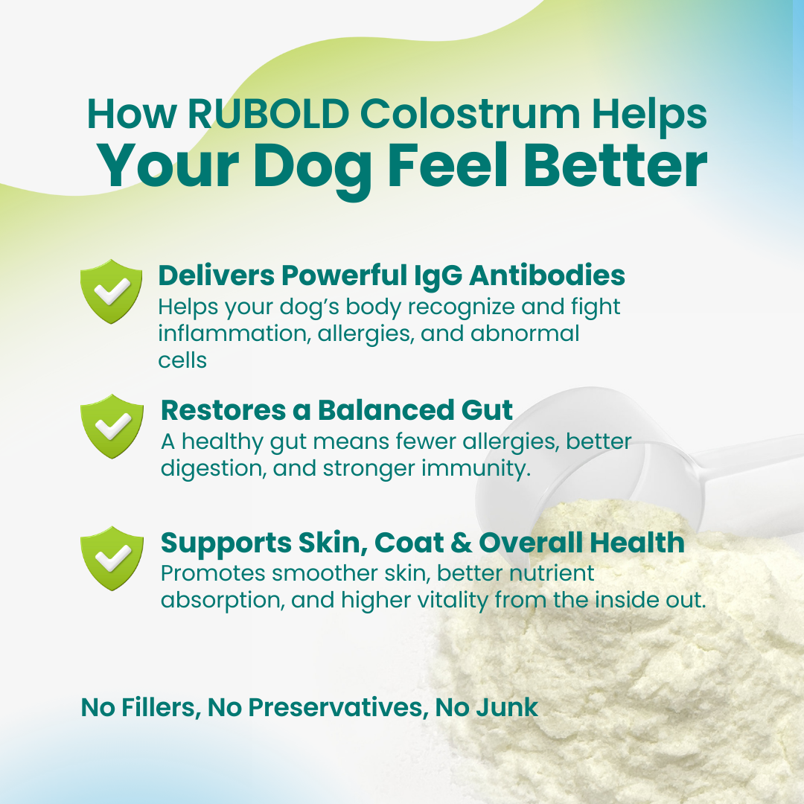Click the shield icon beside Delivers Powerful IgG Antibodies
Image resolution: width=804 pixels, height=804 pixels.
tap(111, 292)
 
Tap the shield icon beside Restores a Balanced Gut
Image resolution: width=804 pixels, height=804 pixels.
tap(111, 425)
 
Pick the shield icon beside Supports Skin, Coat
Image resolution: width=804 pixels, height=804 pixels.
tap(111, 558)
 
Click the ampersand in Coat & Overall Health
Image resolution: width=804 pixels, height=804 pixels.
tap(462, 543)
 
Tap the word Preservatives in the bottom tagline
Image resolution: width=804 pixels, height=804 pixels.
tap(335, 707)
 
